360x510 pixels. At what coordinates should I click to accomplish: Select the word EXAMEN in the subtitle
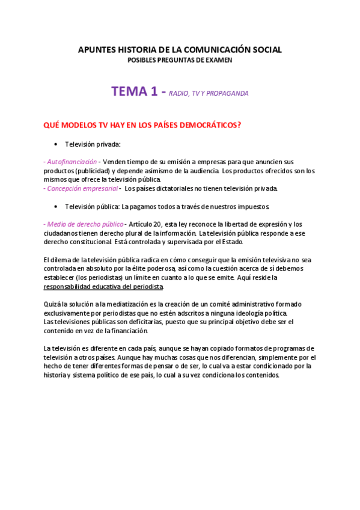coord(219,60)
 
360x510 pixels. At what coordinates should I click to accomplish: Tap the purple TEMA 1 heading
coord(138,91)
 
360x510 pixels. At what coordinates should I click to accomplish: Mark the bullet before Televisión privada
coord(55,144)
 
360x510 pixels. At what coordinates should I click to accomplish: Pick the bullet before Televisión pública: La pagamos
coord(55,206)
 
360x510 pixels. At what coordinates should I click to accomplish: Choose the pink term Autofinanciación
coord(71,162)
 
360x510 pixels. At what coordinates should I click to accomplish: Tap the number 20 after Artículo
coord(157,224)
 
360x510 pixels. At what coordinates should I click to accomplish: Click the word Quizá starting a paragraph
coord(53,304)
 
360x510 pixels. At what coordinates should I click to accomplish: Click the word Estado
coord(231,242)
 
